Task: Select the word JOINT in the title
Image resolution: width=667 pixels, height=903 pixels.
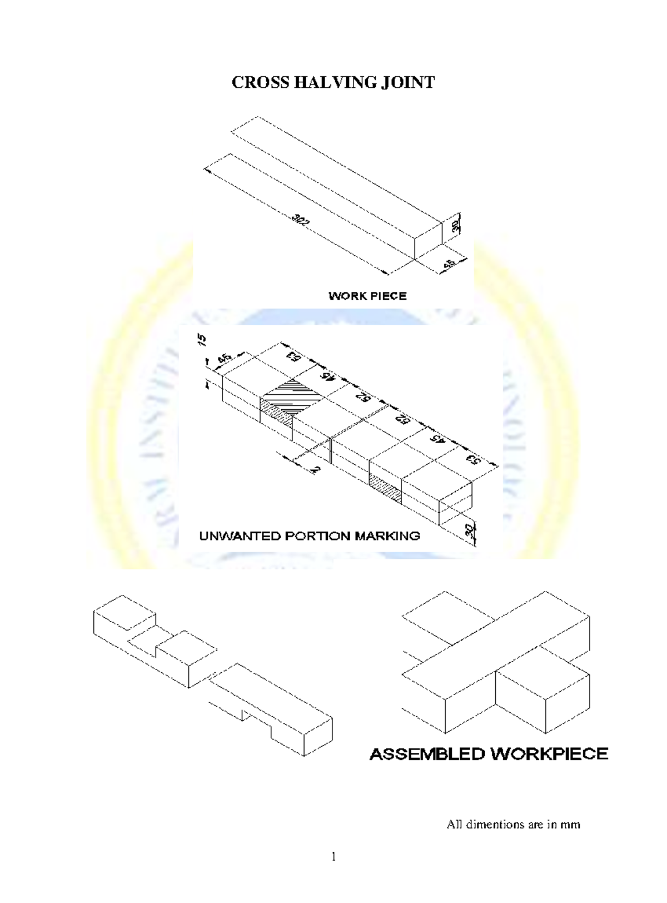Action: [x=407, y=83]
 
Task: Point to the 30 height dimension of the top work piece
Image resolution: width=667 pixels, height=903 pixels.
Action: [x=455, y=225]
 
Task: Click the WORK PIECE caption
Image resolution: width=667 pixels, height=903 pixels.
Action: [x=367, y=296]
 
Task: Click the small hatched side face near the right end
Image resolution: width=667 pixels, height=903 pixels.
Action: [x=385, y=483]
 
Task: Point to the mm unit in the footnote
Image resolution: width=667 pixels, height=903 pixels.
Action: [x=570, y=825]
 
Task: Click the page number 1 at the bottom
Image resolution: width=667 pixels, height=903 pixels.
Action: [x=333, y=857]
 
